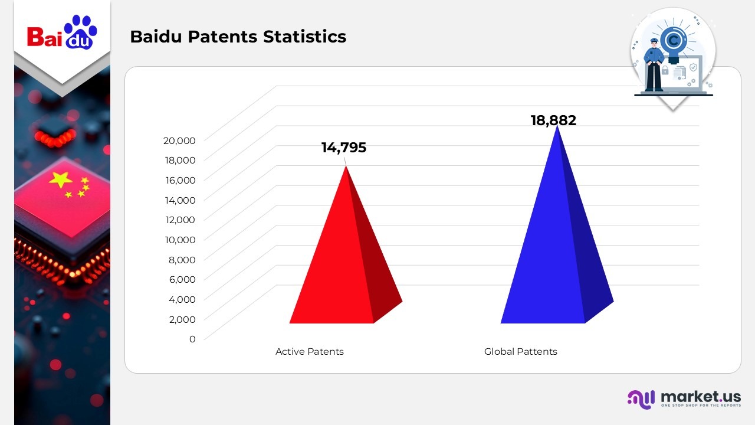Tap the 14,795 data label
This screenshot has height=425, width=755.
(x=344, y=148)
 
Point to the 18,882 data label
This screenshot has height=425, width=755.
(x=553, y=120)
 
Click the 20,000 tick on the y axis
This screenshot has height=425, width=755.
(x=179, y=140)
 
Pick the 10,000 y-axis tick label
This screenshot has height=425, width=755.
(x=180, y=240)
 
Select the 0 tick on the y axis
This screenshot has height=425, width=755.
(x=192, y=339)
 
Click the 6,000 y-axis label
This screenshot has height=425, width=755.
(x=182, y=279)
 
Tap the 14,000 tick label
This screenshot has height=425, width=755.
(x=180, y=200)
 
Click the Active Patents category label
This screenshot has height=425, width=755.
(x=310, y=351)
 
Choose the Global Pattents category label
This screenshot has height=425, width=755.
(x=521, y=351)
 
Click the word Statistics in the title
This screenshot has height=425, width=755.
(x=305, y=37)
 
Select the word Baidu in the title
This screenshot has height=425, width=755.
(x=156, y=37)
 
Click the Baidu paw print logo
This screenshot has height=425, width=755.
(x=81, y=32)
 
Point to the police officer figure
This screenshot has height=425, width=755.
(x=654, y=65)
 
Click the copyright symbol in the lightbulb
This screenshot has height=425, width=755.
(x=674, y=41)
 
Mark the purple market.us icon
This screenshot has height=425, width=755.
(x=641, y=400)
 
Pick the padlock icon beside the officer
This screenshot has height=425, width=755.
(x=665, y=70)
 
